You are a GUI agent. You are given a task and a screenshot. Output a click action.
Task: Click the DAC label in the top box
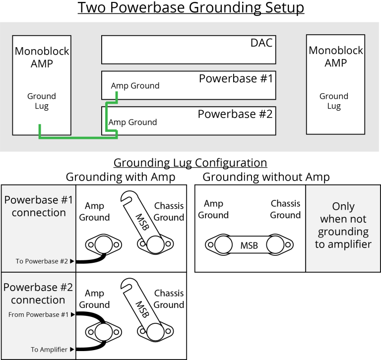[x=261, y=43]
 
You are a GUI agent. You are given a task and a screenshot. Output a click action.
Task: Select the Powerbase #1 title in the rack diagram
[x=236, y=79]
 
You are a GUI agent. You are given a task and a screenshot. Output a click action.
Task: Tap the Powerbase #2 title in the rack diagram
[x=235, y=114]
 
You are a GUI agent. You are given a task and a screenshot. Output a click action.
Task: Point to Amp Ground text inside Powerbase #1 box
[x=135, y=86]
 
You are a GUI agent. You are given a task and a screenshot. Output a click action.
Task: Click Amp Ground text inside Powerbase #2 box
[x=132, y=122]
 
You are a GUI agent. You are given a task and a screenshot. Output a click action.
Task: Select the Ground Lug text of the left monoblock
[x=42, y=101]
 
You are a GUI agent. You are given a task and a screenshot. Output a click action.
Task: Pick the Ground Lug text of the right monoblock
[x=334, y=101]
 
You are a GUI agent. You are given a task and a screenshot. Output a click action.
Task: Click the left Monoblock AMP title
[x=42, y=57]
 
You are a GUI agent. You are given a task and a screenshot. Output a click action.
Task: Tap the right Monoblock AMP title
[x=336, y=57]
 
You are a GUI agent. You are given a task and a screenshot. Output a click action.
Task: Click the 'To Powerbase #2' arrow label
[x=45, y=261]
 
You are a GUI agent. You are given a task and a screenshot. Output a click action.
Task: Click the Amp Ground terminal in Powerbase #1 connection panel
[x=103, y=245]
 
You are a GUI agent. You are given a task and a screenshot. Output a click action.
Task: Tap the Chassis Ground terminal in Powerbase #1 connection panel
[x=154, y=244]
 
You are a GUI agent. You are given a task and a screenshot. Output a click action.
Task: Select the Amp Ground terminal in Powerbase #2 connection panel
[x=103, y=332]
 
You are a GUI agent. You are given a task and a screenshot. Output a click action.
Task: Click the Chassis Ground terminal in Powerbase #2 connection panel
[x=154, y=332]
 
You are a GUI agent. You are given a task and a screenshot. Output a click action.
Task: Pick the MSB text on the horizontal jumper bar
[x=249, y=245]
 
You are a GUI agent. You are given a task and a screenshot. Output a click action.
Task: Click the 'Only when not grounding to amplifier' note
[x=343, y=225]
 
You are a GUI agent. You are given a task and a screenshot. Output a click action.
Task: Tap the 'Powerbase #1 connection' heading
[x=39, y=206]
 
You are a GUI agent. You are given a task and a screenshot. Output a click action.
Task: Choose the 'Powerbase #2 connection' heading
[x=38, y=294]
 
